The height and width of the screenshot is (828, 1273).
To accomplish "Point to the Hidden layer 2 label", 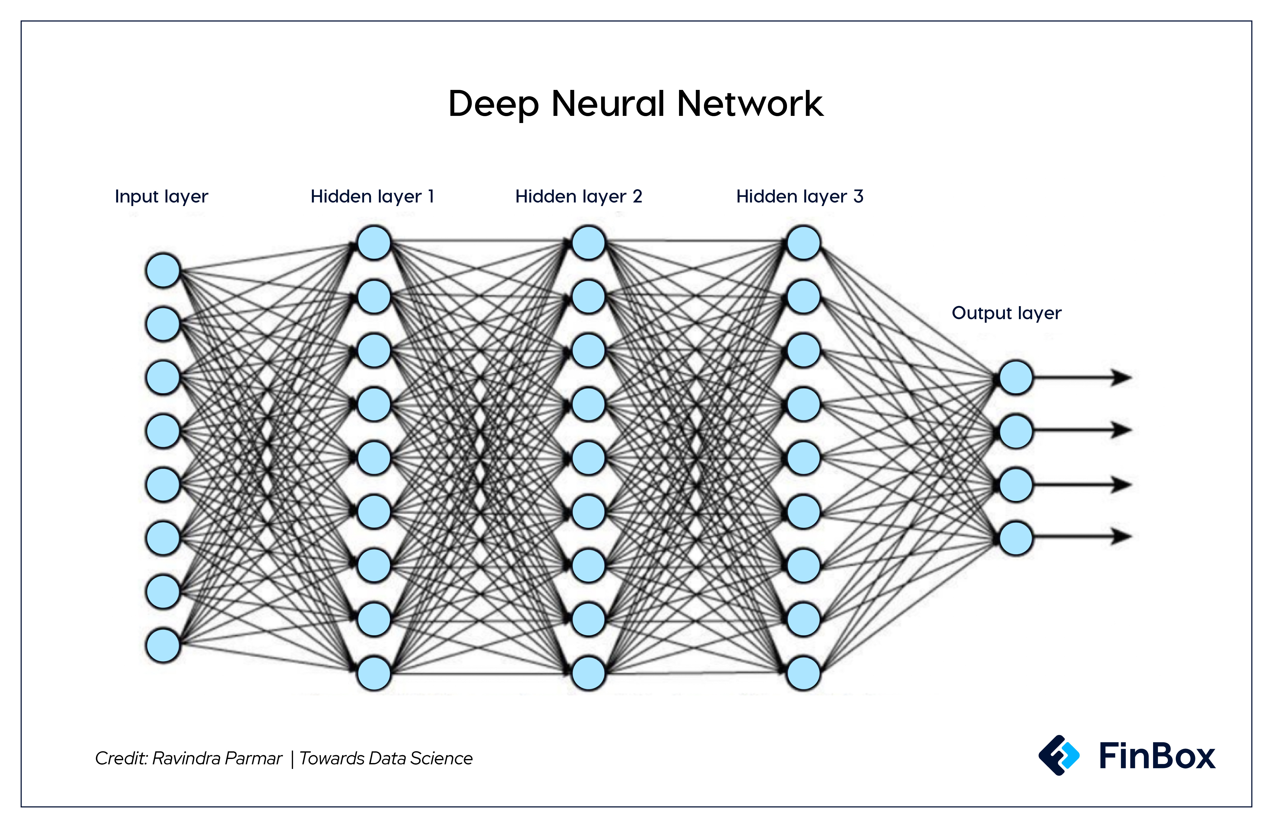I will pyautogui.click(x=578, y=196).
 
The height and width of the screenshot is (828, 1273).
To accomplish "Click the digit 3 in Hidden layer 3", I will pyautogui.click(x=858, y=196).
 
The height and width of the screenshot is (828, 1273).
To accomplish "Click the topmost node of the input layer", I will pyautogui.click(x=163, y=270).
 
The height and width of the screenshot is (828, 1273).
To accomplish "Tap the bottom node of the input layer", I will pyautogui.click(x=163, y=645).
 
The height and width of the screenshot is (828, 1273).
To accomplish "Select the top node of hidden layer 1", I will pyautogui.click(x=374, y=243).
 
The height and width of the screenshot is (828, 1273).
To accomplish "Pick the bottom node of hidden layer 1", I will pyautogui.click(x=374, y=673).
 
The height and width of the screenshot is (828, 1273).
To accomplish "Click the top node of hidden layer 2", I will pyautogui.click(x=588, y=243).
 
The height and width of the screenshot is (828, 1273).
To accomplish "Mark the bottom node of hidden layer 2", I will pyautogui.click(x=588, y=673).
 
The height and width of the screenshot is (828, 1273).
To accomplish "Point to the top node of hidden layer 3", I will pyautogui.click(x=803, y=243).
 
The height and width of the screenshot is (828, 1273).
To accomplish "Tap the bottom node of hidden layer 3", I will pyautogui.click(x=803, y=673).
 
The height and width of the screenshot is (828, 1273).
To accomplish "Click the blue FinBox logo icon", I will pyautogui.click(x=1059, y=755).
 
